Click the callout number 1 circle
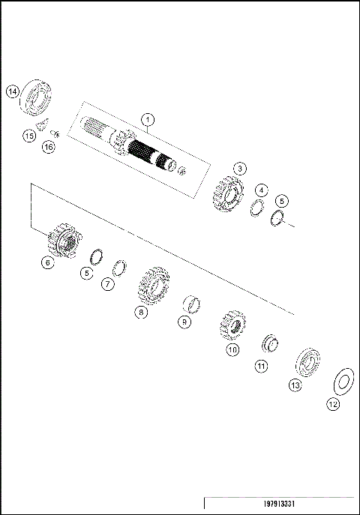tap(148, 119)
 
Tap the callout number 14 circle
tap(12, 91)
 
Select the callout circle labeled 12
tap(333, 404)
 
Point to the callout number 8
tap(140, 313)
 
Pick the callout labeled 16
tap(49, 147)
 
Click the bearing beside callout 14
tap(37, 96)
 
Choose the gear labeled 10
tap(232, 324)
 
